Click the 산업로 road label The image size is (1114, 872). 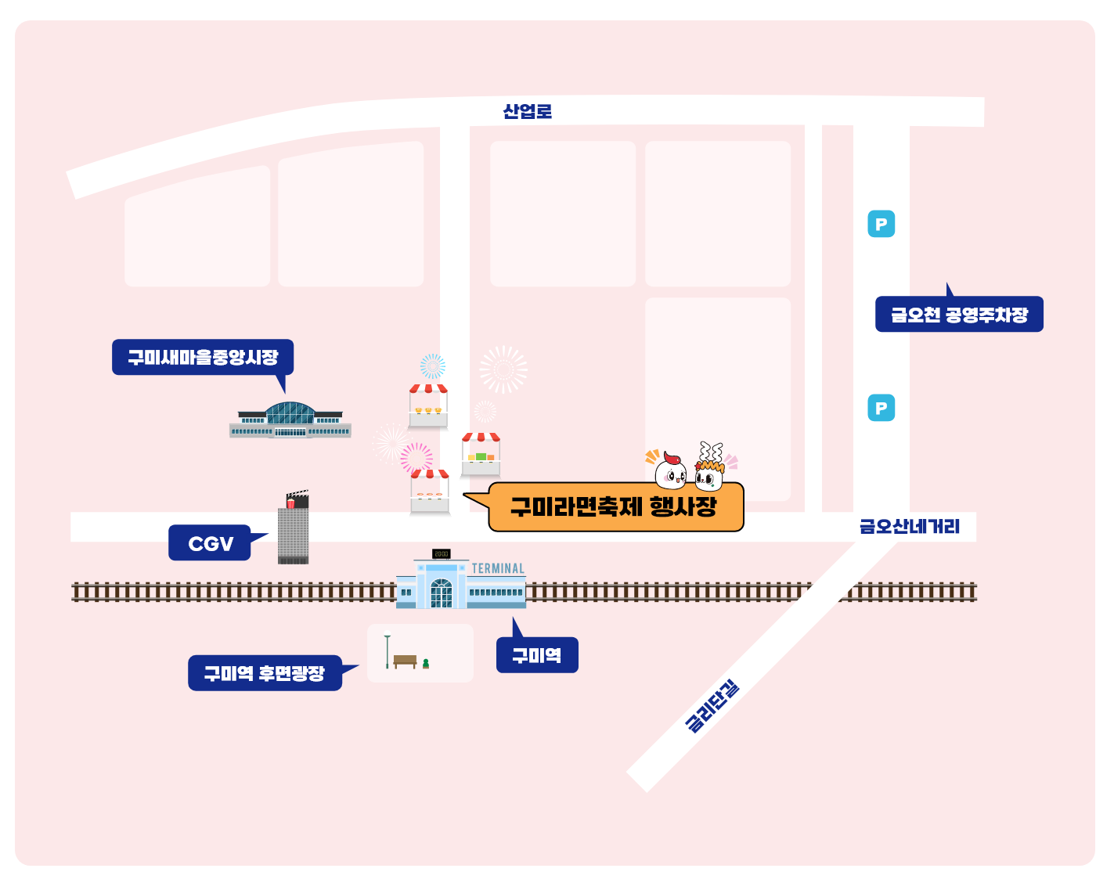tap(527, 111)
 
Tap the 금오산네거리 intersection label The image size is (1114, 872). tap(909, 526)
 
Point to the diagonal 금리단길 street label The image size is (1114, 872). tap(712, 706)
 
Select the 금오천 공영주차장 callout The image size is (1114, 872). tap(959, 315)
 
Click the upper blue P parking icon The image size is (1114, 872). tap(881, 225)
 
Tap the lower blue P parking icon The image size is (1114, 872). tap(881, 408)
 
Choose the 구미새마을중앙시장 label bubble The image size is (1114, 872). tap(203, 357)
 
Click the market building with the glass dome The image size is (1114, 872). tap(290, 420)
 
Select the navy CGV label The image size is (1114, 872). tap(210, 543)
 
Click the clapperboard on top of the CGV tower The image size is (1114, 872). tap(297, 499)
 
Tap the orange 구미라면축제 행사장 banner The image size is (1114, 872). tap(615, 507)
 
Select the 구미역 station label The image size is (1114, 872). tap(537, 655)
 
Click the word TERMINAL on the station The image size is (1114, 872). tap(498, 568)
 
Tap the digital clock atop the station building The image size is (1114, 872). tap(442, 553)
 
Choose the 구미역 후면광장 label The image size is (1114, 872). tap(265, 673)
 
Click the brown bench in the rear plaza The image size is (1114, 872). tap(405, 661)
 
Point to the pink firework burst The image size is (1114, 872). tap(416, 456)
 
